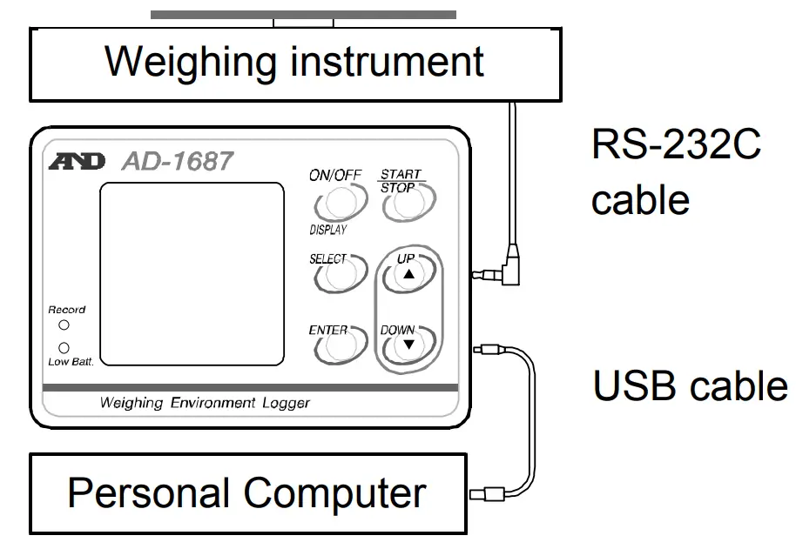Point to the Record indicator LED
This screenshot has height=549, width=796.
(64, 325)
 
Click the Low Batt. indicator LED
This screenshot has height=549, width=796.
(64, 347)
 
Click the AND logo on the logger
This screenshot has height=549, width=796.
(78, 162)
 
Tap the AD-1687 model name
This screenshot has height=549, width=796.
(178, 161)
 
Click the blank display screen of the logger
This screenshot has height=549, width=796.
(192, 274)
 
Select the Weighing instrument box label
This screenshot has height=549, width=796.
(294, 62)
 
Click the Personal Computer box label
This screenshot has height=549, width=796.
(246, 493)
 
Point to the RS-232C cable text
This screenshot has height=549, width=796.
(676, 171)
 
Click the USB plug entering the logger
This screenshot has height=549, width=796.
(488, 351)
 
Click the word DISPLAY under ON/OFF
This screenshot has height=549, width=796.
(327, 231)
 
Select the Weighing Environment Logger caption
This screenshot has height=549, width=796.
(205, 403)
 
